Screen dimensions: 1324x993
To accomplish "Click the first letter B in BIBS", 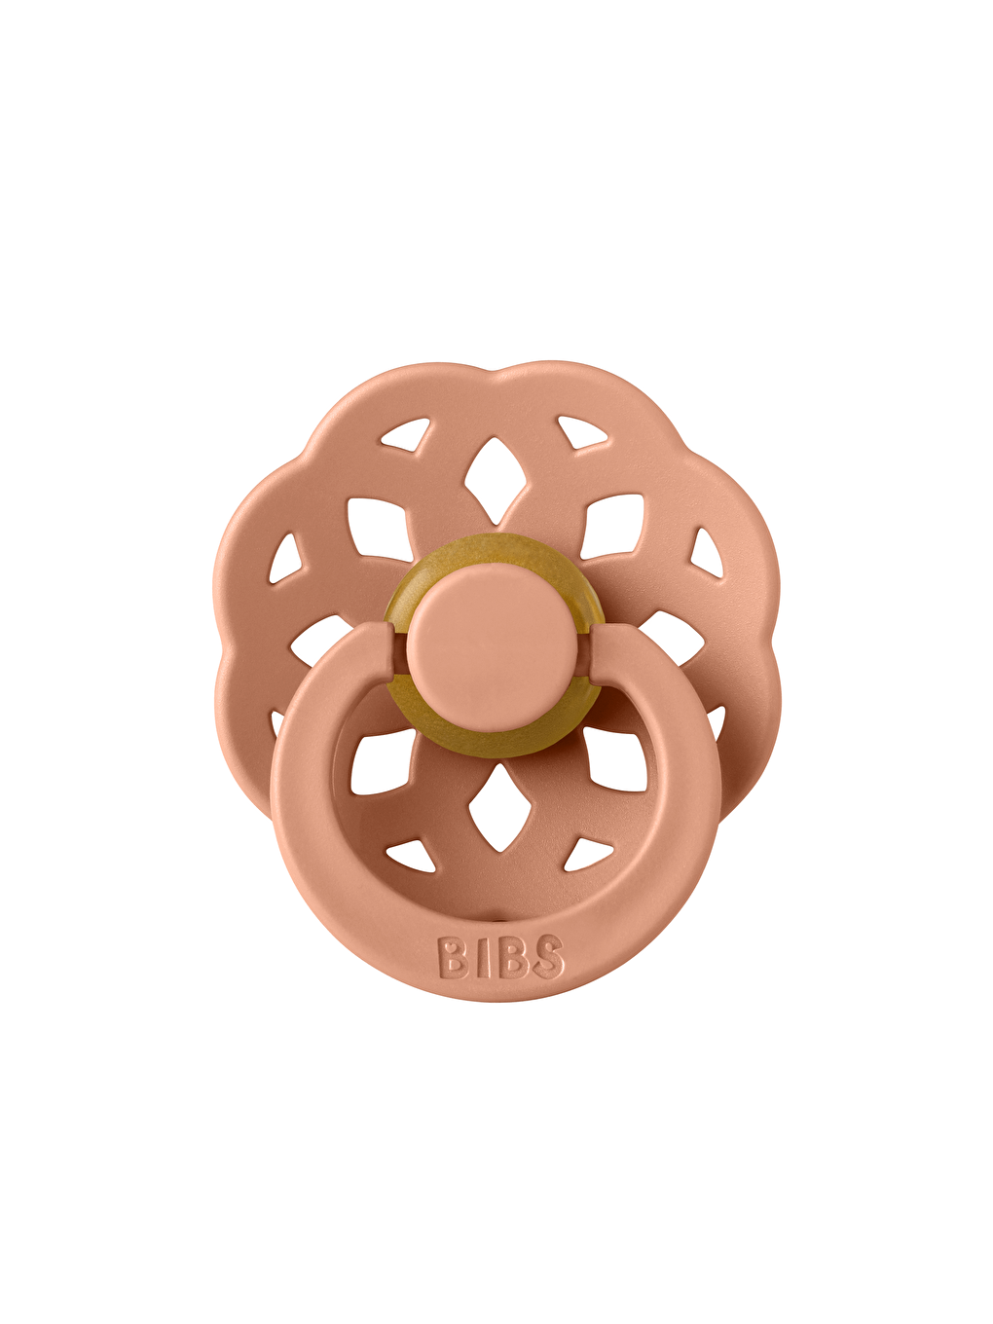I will [453, 957].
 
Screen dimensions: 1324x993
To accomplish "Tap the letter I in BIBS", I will [482, 957].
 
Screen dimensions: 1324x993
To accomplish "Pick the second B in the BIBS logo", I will [512, 957].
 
